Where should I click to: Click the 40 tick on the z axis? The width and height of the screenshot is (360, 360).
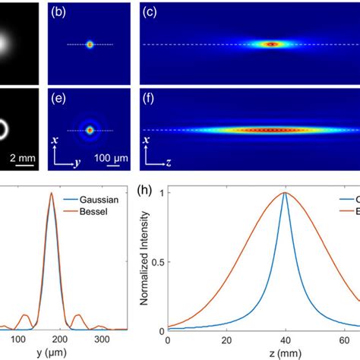point(285,339)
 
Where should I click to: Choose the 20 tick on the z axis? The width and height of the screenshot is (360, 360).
point(226,339)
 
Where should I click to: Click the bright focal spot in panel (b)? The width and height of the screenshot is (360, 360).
point(90,45)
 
